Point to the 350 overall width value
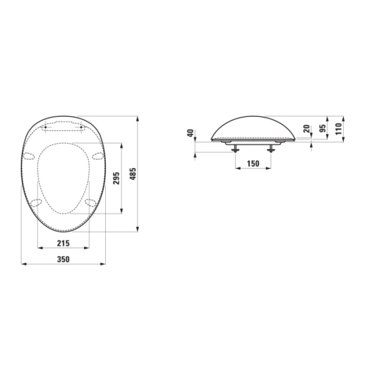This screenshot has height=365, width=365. pos(63,259)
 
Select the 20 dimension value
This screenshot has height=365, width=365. pos(307,129)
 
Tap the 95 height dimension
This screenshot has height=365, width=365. pos(322,128)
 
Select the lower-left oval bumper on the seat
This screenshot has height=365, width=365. pos(36,202)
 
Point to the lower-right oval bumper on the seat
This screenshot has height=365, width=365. pos(91,202)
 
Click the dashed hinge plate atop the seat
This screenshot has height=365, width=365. pos(63,127)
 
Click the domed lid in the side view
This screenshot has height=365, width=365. pos(253,127)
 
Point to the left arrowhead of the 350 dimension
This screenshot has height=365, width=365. pos(24,264)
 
